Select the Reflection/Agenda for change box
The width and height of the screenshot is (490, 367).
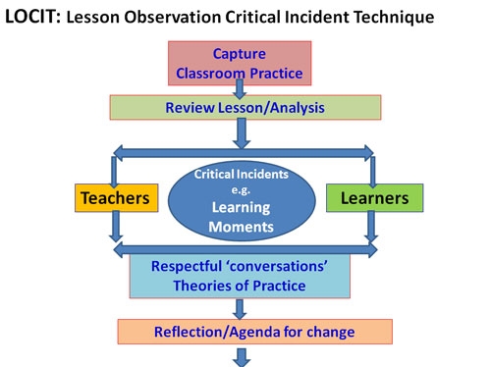coord(254,331)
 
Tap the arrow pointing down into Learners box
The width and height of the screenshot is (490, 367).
coord(370,167)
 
